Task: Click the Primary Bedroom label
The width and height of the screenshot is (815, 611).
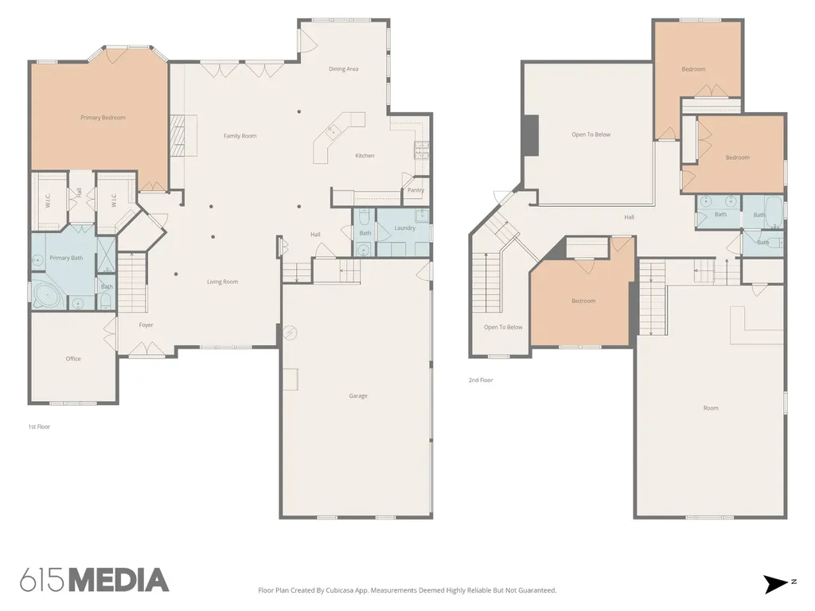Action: pyautogui.click(x=103, y=118)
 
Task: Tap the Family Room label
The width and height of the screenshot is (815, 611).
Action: pyautogui.click(x=240, y=136)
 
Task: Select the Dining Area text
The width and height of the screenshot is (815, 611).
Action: pyautogui.click(x=344, y=68)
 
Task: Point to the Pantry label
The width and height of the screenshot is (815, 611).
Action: pyautogui.click(x=415, y=190)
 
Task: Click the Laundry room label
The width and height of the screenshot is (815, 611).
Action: pyautogui.click(x=405, y=228)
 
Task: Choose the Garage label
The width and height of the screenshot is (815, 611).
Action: pyautogui.click(x=358, y=396)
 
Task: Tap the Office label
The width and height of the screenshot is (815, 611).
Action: pyautogui.click(x=73, y=359)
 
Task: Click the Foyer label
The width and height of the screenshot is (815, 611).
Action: pyautogui.click(x=146, y=325)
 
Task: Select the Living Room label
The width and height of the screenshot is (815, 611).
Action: pyautogui.click(x=223, y=282)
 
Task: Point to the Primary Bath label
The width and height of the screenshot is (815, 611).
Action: pyautogui.click(x=67, y=258)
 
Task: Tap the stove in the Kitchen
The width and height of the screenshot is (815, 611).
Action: pyautogui.click(x=422, y=150)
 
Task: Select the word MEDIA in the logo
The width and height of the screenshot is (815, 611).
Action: pyautogui.click(x=119, y=580)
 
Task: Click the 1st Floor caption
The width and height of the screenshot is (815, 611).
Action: pyautogui.click(x=39, y=426)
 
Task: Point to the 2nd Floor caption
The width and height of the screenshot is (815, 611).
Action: pyautogui.click(x=481, y=379)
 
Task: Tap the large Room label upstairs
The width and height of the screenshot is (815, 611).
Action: pyautogui.click(x=711, y=408)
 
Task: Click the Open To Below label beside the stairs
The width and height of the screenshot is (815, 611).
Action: pyautogui.click(x=503, y=327)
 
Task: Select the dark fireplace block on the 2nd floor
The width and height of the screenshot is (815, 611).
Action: pyautogui.click(x=531, y=135)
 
